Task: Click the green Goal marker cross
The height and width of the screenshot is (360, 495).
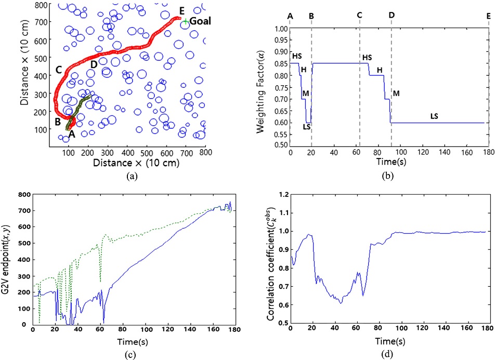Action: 186,21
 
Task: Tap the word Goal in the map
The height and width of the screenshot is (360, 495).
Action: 200,21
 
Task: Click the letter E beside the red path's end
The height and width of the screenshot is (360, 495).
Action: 181,10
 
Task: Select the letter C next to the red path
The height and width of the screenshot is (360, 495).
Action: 59,70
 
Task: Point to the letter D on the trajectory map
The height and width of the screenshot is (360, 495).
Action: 94,64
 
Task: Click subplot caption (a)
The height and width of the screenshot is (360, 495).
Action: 132,176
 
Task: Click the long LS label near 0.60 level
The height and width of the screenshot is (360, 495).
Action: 435,116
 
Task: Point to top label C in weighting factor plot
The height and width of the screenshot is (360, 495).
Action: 359,16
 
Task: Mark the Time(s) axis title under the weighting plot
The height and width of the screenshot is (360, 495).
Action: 387,163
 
